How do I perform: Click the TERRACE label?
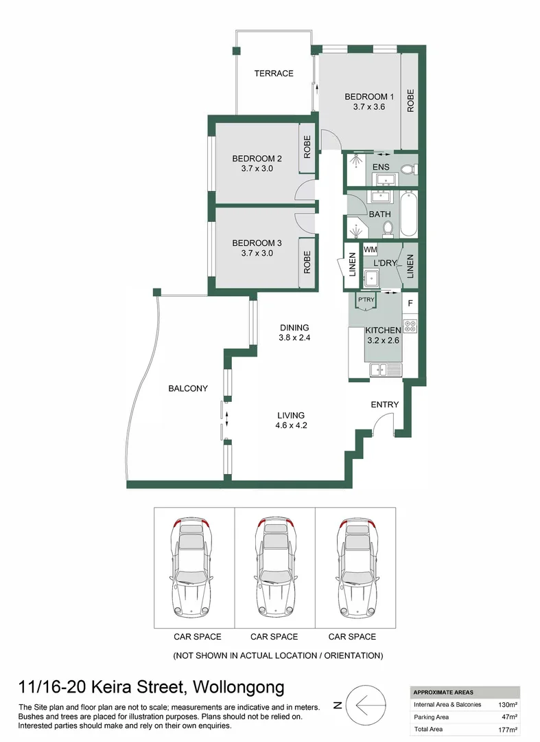(x=274, y=74)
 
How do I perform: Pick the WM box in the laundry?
(x=371, y=249)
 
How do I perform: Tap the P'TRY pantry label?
(x=366, y=300)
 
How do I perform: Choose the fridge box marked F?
(x=410, y=302)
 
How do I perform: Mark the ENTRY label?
(x=384, y=405)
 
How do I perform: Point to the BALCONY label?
(x=188, y=389)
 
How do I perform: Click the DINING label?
(x=294, y=328)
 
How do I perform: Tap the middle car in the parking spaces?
(x=274, y=567)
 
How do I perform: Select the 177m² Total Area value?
(x=508, y=730)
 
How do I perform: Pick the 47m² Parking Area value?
(x=509, y=717)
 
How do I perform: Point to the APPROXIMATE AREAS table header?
(x=443, y=693)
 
